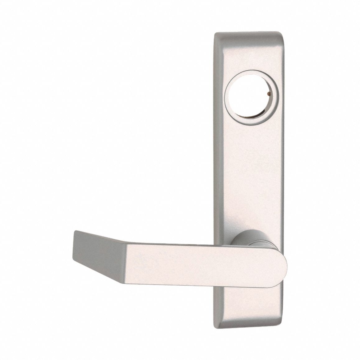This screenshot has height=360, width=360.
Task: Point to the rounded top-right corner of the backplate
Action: click(x=280, y=34)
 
